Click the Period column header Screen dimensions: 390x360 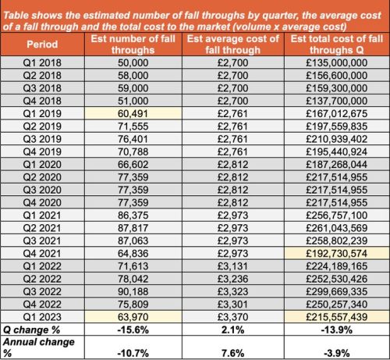(x=42, y=45)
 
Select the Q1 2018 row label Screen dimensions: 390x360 (x=42, y=62)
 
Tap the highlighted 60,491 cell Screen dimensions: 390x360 (x=133, y=113)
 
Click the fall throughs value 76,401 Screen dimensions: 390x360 (x=133, y=139)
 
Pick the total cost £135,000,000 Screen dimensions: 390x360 (x=337, y=62)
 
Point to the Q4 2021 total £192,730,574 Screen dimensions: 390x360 (x=337, y=253)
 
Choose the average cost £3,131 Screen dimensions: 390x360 (x=232, y=266)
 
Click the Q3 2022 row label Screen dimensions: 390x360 (x=42, y=291)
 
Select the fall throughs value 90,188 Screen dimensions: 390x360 (x=133, y=291)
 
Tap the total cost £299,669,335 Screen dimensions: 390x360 (x=337, y=291)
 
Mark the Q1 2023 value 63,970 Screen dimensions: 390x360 (x=133, y=317)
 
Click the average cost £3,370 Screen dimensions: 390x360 (x=232, y=317)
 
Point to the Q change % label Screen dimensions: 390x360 (x=31, y=330)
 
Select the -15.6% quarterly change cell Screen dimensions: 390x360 (x=133, y=330)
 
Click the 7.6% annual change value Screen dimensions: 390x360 (x=232, y=353)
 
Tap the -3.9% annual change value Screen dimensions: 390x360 (x=337, y=353)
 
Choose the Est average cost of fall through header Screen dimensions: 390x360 (x=232, y=45)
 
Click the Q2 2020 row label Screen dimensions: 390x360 (x=42, y=177)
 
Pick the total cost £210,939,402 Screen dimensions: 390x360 (x=337, y=139)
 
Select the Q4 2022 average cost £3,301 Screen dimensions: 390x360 (x=232, y=305)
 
